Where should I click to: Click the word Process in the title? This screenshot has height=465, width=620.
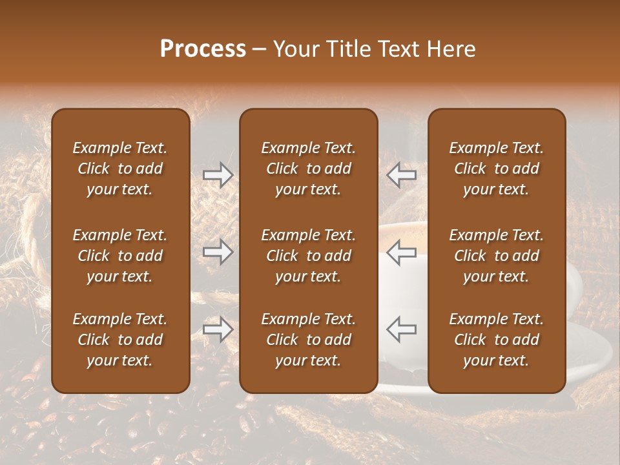203,49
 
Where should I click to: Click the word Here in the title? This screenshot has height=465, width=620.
451,49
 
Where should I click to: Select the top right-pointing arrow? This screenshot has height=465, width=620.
218,174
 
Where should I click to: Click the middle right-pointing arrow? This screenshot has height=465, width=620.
218,252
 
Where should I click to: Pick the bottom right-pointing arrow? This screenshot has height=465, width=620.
218,329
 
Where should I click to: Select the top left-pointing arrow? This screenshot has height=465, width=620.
401,174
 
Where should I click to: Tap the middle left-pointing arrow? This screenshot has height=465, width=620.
401,252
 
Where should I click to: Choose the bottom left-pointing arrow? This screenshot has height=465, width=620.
401,329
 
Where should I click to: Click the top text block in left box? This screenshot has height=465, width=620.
120,169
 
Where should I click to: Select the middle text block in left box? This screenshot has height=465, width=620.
120,256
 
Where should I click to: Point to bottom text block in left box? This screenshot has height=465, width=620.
120,340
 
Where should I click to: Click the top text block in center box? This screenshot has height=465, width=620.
308,169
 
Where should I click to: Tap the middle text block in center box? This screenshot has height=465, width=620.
308,256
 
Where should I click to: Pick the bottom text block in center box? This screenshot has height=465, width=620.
308,340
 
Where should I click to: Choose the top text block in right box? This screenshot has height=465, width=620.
496,169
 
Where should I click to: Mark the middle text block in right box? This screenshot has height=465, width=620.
496,256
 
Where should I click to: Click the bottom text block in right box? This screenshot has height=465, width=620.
496,340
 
